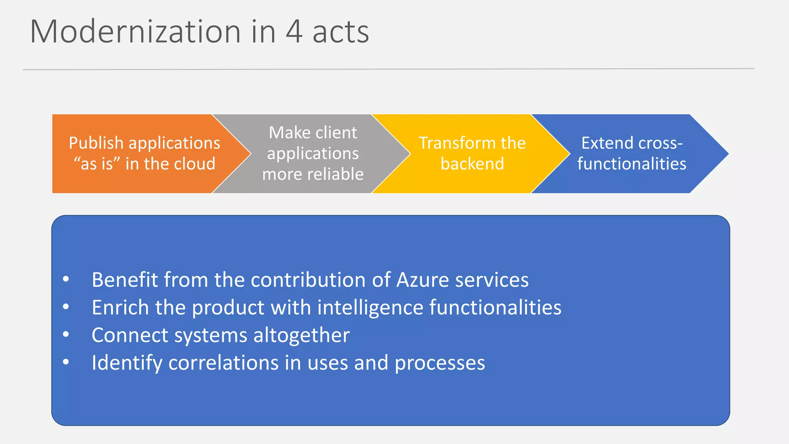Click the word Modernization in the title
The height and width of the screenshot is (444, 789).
136,32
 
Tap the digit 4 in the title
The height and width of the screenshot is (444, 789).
294,32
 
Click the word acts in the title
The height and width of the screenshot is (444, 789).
341,32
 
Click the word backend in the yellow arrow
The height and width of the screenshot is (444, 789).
472,164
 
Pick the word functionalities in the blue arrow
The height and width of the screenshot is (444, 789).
632,164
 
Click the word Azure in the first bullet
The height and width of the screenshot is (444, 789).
422,280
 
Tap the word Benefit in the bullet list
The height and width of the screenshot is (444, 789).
124,280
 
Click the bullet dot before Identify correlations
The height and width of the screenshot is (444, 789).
66,362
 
